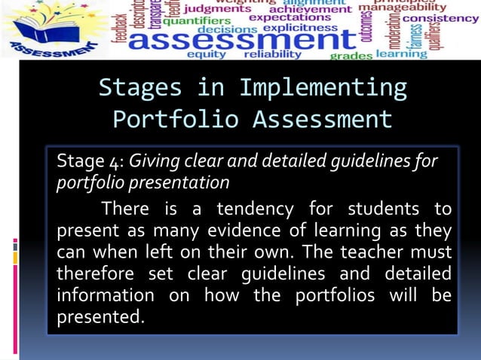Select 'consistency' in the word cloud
[440, 18]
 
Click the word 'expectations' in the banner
[290, 17]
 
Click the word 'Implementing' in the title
[323, 88]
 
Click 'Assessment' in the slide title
[322, 120]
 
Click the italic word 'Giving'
[155, 161]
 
